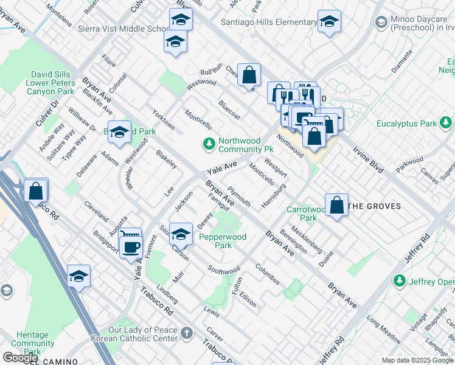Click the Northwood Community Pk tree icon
click(x=209, y=144)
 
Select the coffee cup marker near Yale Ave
click(x=130, y=246)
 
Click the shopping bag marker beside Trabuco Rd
click(x=36, y=190)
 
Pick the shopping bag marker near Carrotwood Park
click(x=336, y=206)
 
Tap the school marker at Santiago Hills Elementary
click(x=329, y=22)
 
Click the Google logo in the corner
click(x=20, y=358)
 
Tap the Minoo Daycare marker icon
click(x=381, y=23)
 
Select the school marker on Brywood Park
click(x=120, y=132)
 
